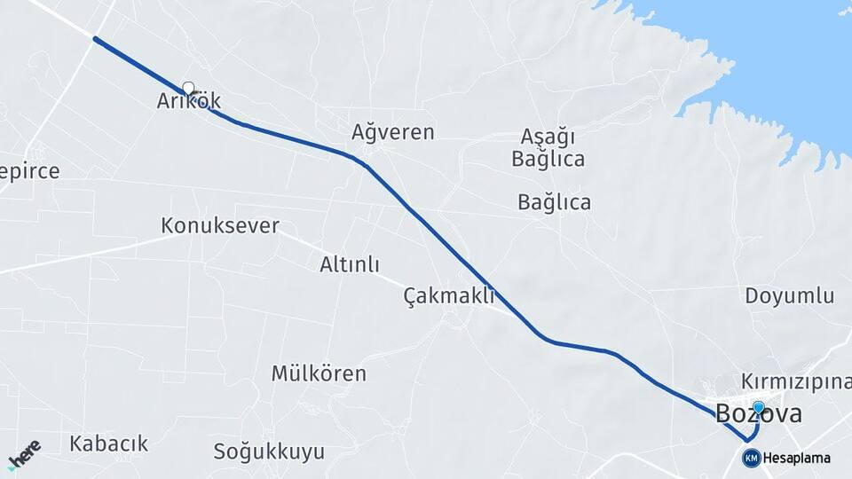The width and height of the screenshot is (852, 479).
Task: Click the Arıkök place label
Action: tap(188, 101)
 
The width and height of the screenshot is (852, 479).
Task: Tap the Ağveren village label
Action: tap(393, 132)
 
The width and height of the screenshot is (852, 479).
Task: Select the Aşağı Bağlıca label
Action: tap(548, 148)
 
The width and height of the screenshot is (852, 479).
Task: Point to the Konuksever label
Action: tap(220, 225)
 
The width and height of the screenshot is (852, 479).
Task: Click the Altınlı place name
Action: tap(350, 264)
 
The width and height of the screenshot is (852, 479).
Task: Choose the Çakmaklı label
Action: tap(448, 295)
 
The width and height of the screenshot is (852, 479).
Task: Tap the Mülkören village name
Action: tap(319, 373)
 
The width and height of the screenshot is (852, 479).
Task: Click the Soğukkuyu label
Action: tap(269, 452)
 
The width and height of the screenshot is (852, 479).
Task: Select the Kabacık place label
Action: tap(109, 444)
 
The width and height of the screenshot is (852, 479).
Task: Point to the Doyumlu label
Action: tap(790, 295)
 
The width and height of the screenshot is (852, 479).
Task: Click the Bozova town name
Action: tap(759, 413)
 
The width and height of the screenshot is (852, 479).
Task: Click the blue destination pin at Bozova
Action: tap(759, 407)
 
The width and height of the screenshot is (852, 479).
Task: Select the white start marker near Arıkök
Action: tap(188, 88)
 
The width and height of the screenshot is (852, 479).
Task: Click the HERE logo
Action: tap(24, 453)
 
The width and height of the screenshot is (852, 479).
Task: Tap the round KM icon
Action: tap(751, 458)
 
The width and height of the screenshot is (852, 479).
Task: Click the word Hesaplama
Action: tap(796, 459)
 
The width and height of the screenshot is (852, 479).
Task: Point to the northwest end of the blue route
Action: tap(95, 39)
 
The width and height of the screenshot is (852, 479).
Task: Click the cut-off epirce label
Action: tap(30, 171)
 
